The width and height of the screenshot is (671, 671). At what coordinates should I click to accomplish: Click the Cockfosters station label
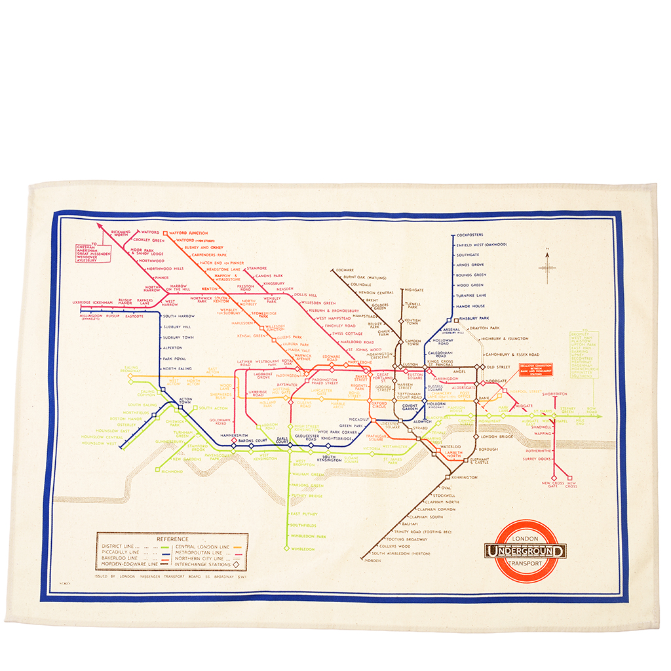click(x=470, y=235)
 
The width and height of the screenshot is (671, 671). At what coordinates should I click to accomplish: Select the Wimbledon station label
click(x=303, y=548)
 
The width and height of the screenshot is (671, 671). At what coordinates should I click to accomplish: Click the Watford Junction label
click(x=189, y=233)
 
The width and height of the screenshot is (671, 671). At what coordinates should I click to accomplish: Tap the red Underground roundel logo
click(x=526, y=551)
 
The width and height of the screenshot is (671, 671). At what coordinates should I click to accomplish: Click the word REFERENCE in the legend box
click(x=172, y=539)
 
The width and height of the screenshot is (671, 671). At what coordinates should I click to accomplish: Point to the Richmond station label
click(x=173, y=471)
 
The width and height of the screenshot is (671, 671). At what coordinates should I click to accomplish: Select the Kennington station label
click(x=464, y=478)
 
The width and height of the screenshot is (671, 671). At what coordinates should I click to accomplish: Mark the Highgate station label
click(x=415, y=290)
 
